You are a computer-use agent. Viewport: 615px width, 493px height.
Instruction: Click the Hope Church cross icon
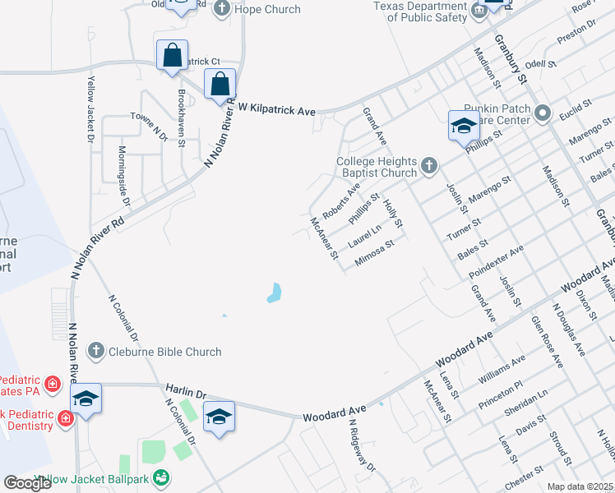coord(221,9)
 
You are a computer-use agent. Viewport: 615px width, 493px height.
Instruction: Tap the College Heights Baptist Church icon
coord(428,167)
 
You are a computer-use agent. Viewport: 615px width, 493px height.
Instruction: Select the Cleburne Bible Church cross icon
coord(95,352)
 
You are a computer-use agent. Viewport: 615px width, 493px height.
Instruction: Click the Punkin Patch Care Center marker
coord(542,113)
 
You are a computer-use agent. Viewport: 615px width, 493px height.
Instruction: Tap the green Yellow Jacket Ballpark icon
coord(161,477)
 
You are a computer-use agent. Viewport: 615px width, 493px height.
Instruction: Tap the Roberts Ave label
coord(340,201)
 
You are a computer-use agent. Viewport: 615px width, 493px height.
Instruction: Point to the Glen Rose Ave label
coord(547,342)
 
